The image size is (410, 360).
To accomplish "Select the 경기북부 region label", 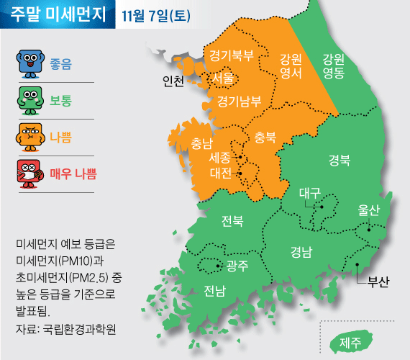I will coord(232,55).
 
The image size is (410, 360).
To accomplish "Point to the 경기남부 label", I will coord(238,100).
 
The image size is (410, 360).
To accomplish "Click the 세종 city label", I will coord(219,157).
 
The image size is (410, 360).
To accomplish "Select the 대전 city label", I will coord(219,173).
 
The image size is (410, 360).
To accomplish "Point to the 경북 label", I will coord(340,159).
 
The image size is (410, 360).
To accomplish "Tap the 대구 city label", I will coord(309,193).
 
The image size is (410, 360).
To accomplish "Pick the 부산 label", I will coord(377,281).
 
